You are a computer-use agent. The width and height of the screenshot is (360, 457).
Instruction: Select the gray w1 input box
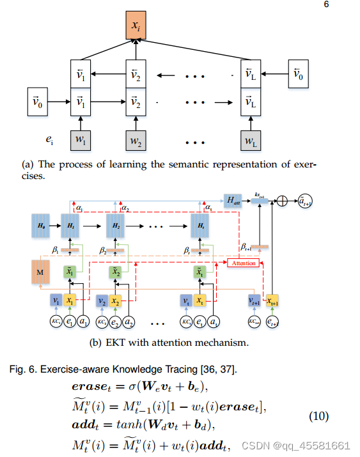click(x=81, y=138)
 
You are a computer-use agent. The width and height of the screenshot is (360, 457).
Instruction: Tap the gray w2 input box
click(x=135, y=138)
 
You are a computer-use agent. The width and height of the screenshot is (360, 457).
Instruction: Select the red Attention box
click(x=244, y=263)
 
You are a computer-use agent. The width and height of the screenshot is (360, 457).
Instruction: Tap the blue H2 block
click(x=116, y=226)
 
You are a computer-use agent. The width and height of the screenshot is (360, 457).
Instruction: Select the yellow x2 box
click(x=116, y=300)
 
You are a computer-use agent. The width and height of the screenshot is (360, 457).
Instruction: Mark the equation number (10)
click(x=319, y=416)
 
